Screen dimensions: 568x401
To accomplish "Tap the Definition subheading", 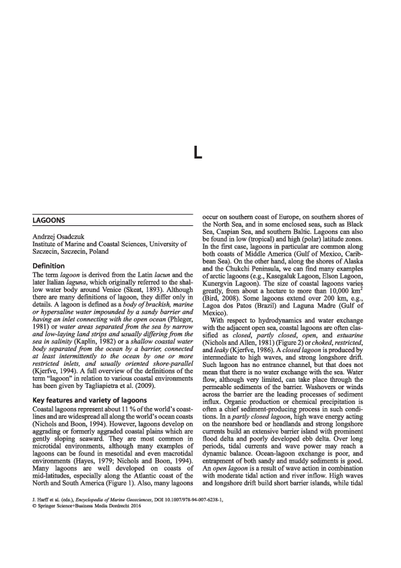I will [53, 266].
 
